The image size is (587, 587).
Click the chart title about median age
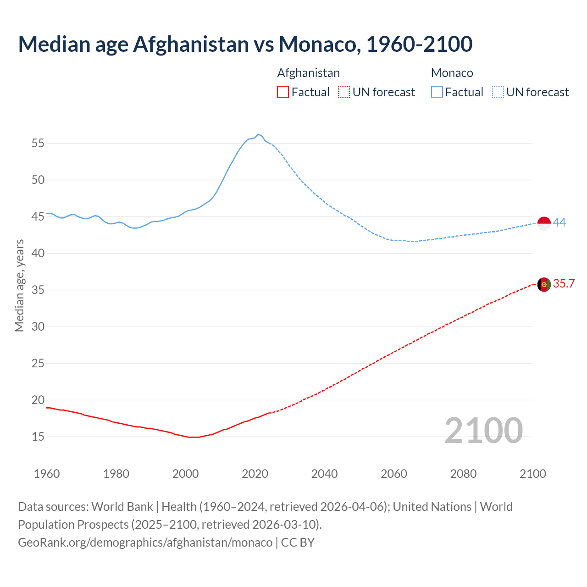coord(245,44)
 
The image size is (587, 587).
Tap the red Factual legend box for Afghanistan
coord(283,92)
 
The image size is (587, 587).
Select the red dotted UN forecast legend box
coord(344,92)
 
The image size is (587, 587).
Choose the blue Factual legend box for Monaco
coord(437,92)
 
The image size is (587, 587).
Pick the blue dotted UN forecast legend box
coord(498,92)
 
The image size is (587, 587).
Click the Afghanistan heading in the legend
coord(308,73)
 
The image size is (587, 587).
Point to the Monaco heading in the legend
coord(452,73)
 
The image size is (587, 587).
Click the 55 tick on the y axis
coord(38,143)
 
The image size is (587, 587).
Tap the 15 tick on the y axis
coord(38,437)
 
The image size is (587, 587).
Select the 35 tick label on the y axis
coord(38,290)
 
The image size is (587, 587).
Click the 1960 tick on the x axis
coord(47,474)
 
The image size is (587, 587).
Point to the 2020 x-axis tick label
coord(255,474)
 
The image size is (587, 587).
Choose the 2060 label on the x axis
coord(394,474)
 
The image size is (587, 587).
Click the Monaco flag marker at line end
coord(544,223)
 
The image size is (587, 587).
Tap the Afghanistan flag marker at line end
coord(544,284)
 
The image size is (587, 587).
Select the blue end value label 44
coord(559,223)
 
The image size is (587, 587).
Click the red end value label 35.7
coord(564,284)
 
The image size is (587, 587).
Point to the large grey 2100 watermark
coord(483,431)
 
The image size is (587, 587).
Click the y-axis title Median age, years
coord(19,285)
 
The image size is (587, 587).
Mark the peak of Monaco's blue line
coord(258,134)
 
